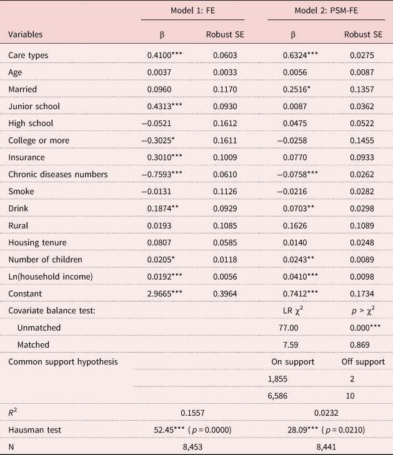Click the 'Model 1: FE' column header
(193, 11)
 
